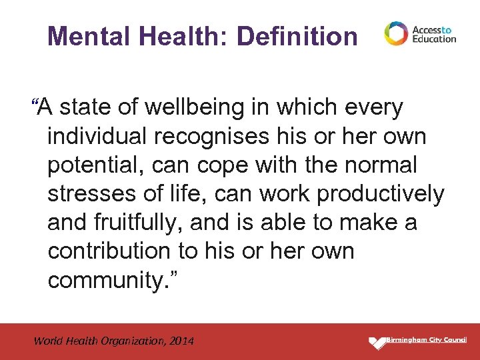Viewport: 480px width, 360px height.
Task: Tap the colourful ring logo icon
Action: click(395, 33)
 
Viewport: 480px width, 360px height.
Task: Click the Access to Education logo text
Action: click(434, 34)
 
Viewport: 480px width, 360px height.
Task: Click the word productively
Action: click(381, 193)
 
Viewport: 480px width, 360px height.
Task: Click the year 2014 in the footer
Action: click(181, 341)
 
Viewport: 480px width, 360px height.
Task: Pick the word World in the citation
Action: click(47, 341)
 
